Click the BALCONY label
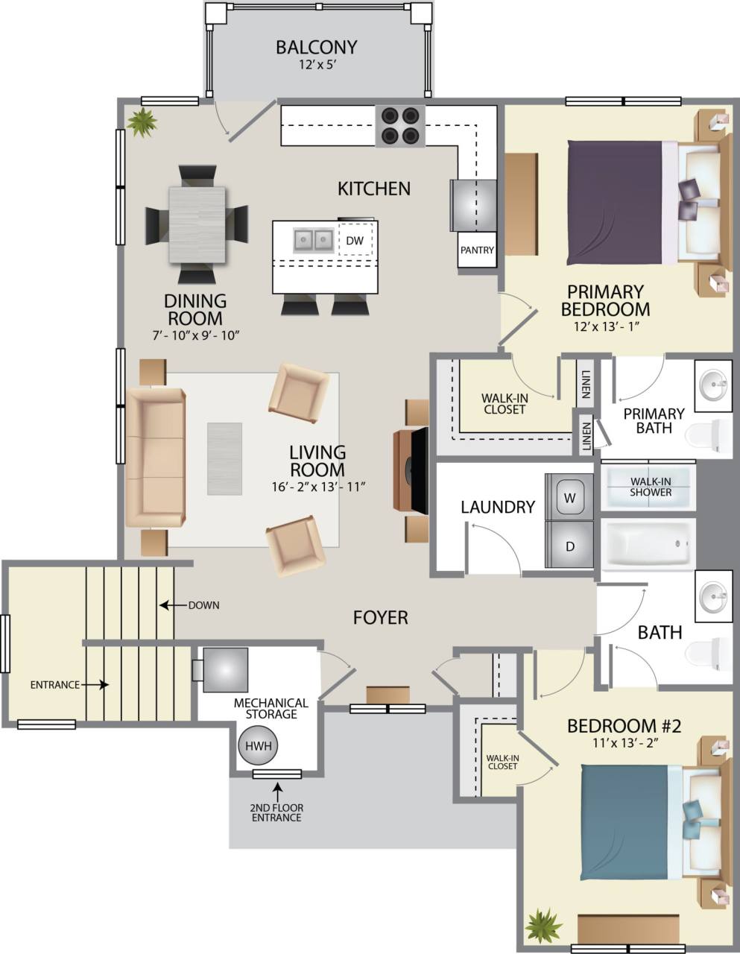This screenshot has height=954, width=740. [x=316, y=48]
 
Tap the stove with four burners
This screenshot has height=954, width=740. [x=400, y=125]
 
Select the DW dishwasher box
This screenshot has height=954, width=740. [x=355, y=240]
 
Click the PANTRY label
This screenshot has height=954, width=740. [x=477, y=250]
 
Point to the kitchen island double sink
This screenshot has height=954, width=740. [x=313, y=240]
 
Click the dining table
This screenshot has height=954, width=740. [x=197, y=224]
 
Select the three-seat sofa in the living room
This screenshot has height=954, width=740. [x=155, y=457]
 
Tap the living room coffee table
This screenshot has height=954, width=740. [x=224, y=458]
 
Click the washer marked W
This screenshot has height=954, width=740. [x=569, y=497]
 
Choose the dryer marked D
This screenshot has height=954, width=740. [x=569, y=546]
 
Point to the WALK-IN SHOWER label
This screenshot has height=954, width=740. [x=650, y=487]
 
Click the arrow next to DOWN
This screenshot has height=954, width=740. [x=172, y=605]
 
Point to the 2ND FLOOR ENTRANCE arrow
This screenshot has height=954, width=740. [x=277, y=789]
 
